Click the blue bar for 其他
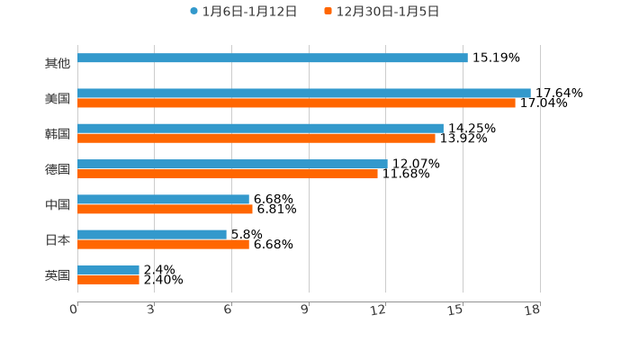(x=273, y=58)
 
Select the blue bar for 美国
(x=304, y=93)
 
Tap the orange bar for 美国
(x=296, y=103)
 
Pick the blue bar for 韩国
(x=260, y=129)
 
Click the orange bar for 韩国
(x=256, y=139)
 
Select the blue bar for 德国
(x=232, y=164)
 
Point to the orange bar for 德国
(x=228, y=174)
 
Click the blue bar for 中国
(x=163, y=199)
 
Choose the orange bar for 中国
(x=165, y=210)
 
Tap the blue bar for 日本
(x=152, y=234)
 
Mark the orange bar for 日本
(x=163, y=245)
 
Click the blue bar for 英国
(x=108, y=269)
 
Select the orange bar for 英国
(x=108, y=280)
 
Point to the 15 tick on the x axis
(x=456, y=310)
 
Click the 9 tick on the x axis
(x=305, y=310)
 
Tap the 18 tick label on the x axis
(x=533, y=310)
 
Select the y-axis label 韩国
(x=58, y=133)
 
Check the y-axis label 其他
(x=58, y=63)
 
